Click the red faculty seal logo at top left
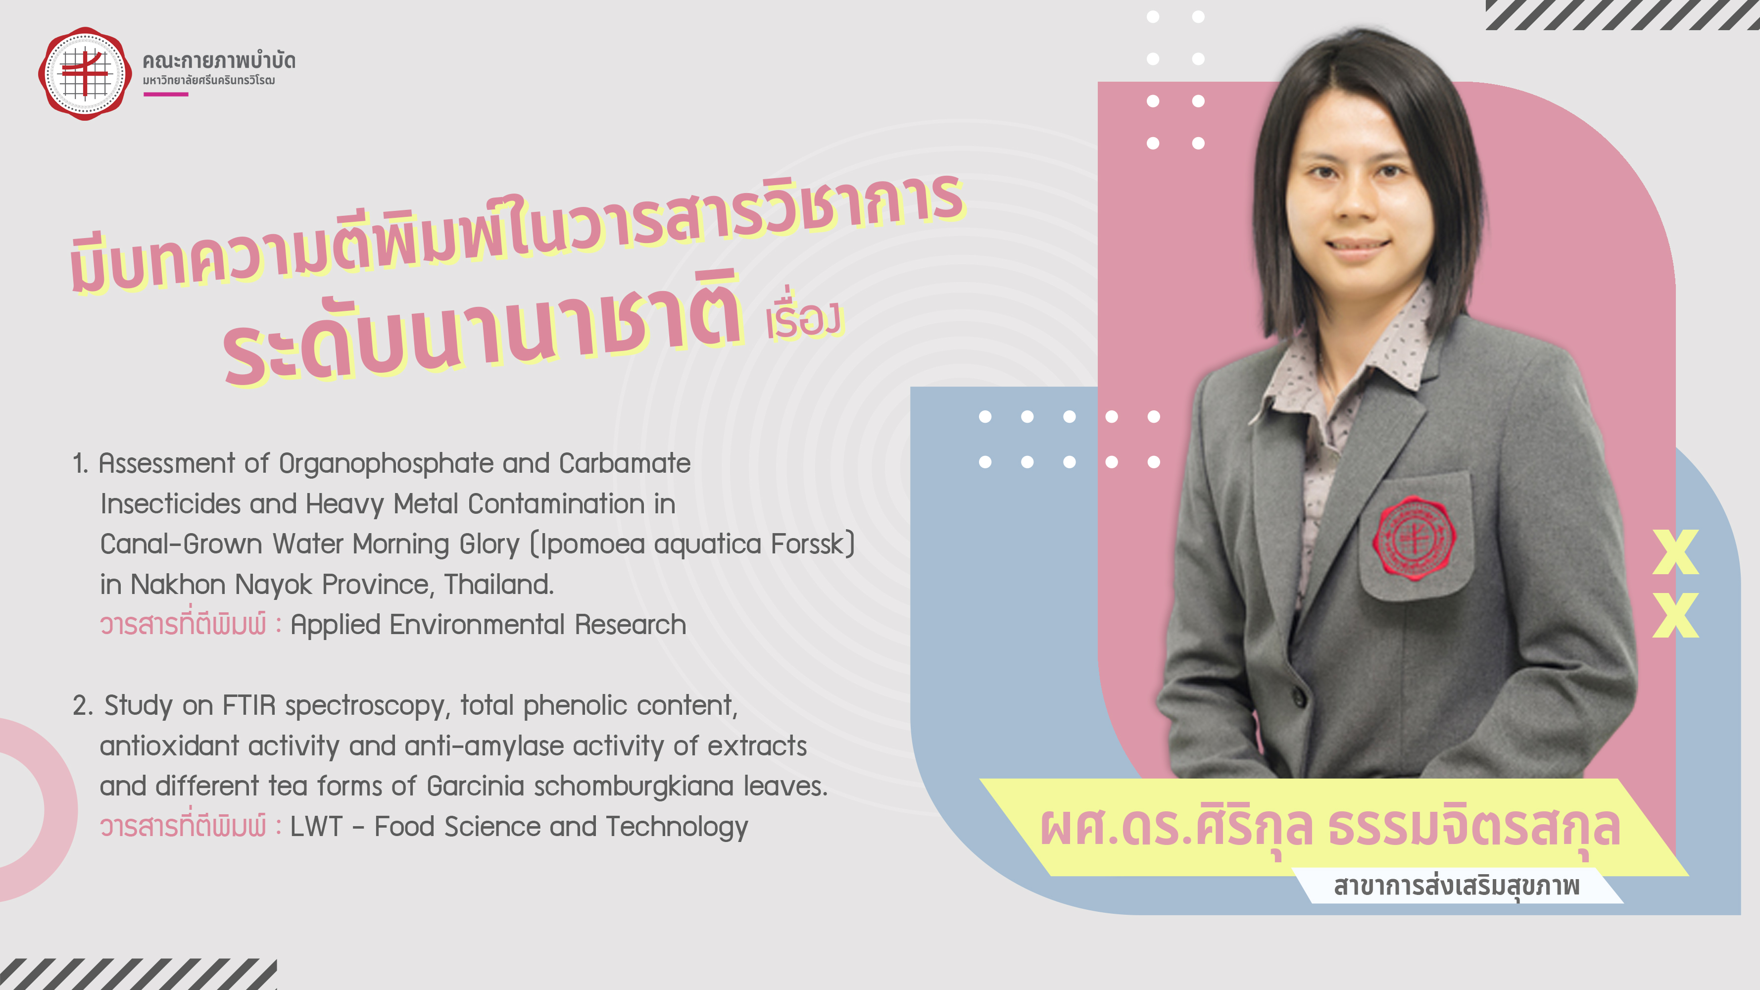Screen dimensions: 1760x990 pos(85,74)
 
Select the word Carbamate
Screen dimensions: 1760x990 pos(625,463)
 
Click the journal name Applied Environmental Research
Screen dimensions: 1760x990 pos(488,625)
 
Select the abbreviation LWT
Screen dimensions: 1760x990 pos(316,827)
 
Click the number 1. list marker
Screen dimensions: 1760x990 pos(81,464)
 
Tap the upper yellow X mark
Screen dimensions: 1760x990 pos(1675,551)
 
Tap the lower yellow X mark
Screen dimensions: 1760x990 pos(1675,615)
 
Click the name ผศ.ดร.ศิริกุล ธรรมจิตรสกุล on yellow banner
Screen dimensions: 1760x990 pos(1329,828)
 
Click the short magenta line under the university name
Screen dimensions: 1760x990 pos(165,94)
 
